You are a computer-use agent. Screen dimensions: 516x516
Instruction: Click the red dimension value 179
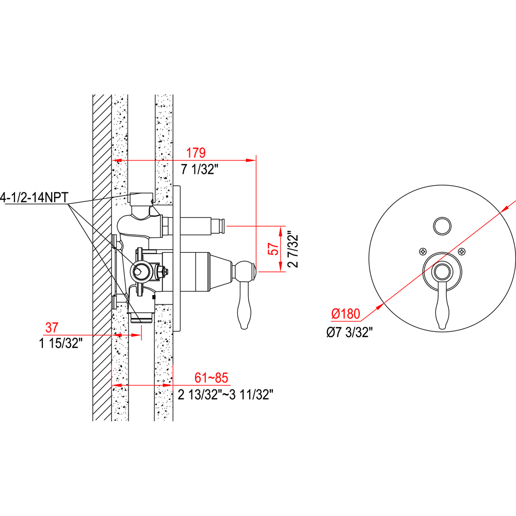click(196, 153)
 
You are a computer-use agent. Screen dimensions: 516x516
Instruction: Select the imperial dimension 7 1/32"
click(200, 169)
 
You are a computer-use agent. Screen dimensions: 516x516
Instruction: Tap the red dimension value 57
click(274, 249)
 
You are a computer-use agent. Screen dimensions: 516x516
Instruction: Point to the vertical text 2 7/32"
click(293, 250)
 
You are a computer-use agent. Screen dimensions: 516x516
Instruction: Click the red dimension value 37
click(52, 328)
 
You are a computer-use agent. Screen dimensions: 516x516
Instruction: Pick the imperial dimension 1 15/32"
click(60, 343)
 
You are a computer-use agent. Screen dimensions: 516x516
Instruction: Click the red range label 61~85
click(211, 378)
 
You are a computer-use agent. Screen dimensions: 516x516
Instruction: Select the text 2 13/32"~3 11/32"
click(226, 394)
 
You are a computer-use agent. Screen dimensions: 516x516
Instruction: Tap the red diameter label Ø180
click(346, 314)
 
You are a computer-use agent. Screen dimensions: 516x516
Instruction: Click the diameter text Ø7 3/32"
click(349, 332)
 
